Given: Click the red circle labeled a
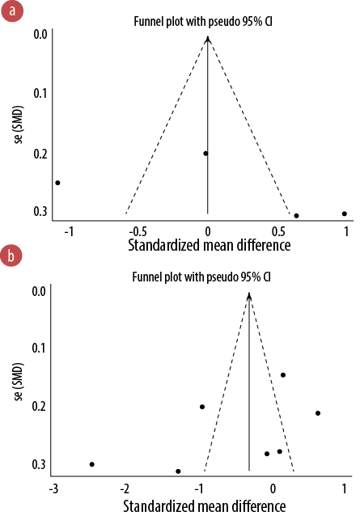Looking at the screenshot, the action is pyautogui.click(x=12, y=11).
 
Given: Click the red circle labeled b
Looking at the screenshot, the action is pyautogui.click(x=11, y=256).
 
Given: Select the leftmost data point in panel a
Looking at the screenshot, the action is pyautogui.click(x=57, y=183).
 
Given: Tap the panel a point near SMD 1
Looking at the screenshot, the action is pyautogui.click(x=345, y=213).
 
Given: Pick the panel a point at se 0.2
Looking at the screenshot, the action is pyautogui.click(x=205, y=153).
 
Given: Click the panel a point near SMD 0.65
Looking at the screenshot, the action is pyautogui.click(x=296, y=216).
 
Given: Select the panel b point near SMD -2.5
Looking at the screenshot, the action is pyautogui.click(x=92, y=464).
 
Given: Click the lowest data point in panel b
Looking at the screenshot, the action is pyautogui.click(x=178, y=471).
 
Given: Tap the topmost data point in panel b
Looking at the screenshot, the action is pyautogui.click(x=283, y=375).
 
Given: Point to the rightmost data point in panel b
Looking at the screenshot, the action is pyautogui.click(x=318, y=413).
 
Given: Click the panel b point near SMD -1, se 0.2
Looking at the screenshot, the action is pyautogui.click(x=202, y=407).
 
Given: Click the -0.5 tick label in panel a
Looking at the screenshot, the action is pyautogui.click(x=138, y=231).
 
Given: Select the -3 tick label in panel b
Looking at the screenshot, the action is pyautogui.click(x=53, y=488).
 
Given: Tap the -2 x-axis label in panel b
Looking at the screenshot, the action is pyautogui.click(x=125, y=488).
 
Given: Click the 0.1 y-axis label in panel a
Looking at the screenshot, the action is pyautogui.click(x=40, y=93).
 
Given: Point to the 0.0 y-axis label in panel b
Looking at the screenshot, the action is pyautogui.click(x=39, y=291).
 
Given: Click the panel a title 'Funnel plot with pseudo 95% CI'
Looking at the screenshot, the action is pyautogui.click(x=203, y=22).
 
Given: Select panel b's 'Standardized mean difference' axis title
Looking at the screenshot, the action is pyautogui.click(x=205, y=506).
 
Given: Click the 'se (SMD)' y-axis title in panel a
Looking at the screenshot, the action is pyautogui.click(x=19, y=125).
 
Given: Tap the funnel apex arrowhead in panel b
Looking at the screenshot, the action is pyautogui.click(x=249, y=295).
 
